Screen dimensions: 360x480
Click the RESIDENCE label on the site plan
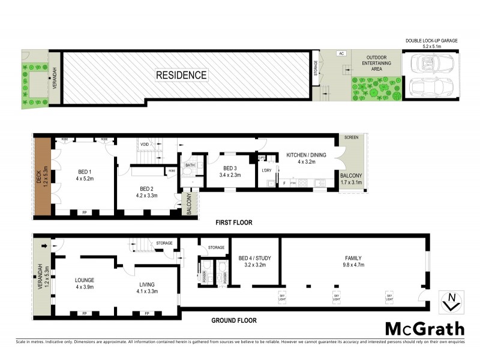(181, 75)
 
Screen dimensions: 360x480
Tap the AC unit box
(341, 53)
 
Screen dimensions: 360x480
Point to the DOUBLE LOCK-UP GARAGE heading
(431, 41)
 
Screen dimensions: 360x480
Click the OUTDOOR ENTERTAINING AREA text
(376, 64)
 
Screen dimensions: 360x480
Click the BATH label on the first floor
(190, 165)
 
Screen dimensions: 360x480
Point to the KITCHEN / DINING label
(306, 155)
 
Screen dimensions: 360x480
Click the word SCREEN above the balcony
(352, 138)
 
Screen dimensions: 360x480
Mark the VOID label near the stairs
(145, 144)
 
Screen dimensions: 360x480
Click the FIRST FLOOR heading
(233, 223)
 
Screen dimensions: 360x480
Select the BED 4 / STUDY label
(255, 259)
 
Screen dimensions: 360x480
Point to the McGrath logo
(424, 329)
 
